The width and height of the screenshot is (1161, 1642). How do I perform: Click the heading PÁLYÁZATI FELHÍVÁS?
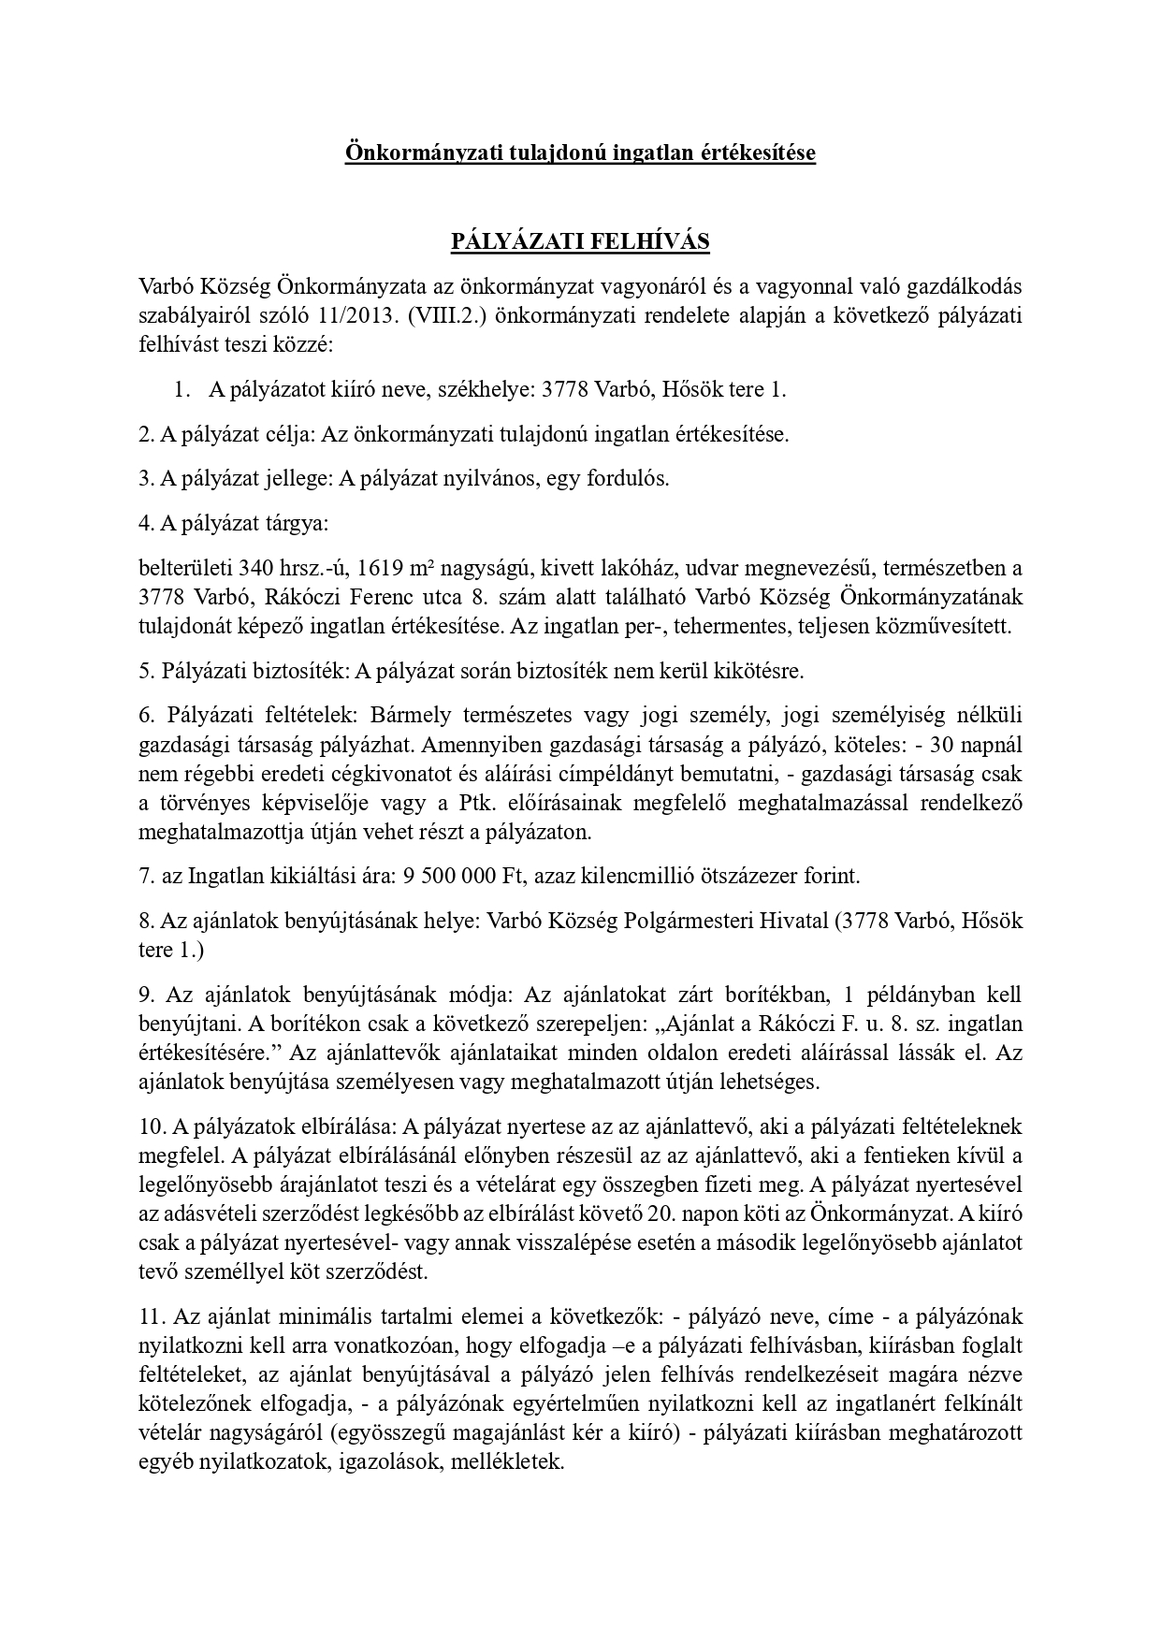tap(580, 242)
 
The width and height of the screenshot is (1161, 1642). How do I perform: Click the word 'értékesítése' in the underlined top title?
tap(759, 153)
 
